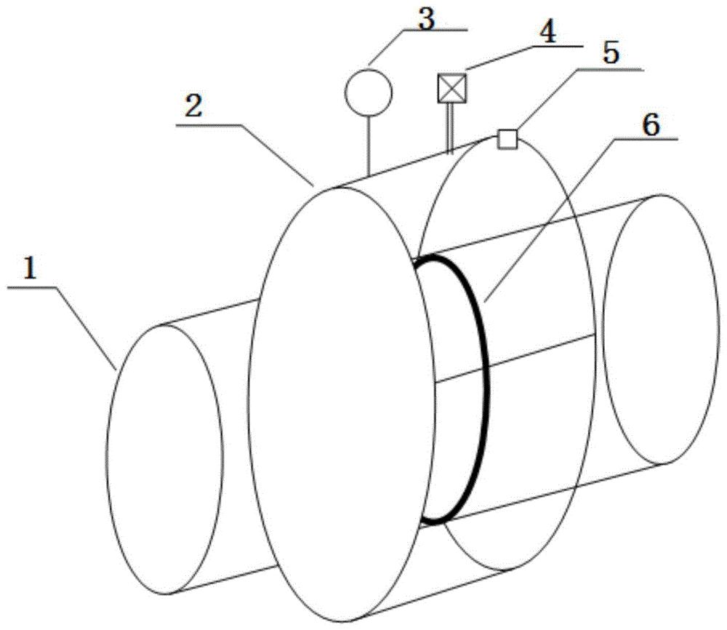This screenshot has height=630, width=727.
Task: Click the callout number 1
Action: [x=30, y=269]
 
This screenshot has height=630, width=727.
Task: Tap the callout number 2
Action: [x=193, y=107]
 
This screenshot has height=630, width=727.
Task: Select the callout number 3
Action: [x=426, y=20]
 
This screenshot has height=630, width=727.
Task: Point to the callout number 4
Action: [x=547, y=33]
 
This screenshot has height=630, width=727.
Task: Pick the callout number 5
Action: [x=610, y=54]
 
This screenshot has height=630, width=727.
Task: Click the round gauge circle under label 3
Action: [x=369, y=92]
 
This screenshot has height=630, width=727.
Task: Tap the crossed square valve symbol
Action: [x=452, y=88]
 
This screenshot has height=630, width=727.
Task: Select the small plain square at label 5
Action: [x=507, y=139]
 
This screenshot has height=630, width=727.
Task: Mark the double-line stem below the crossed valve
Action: [x=449, y=127]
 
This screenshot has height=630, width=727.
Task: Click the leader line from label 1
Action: [x=86, y=329]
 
